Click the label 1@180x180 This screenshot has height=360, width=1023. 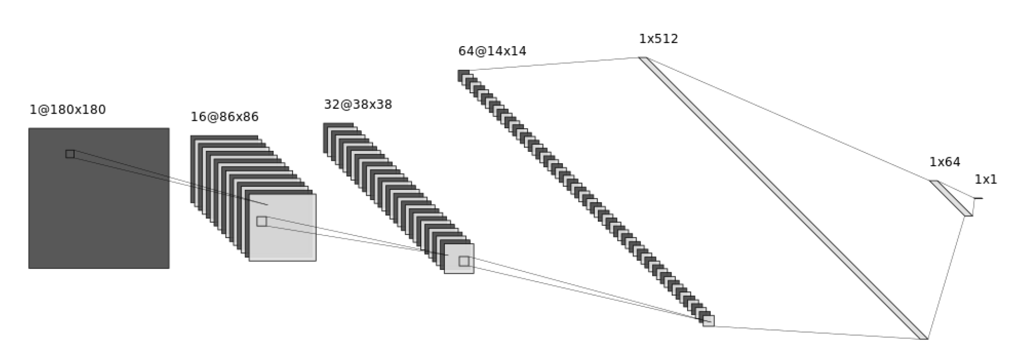68,110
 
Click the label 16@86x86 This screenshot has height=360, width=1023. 224,117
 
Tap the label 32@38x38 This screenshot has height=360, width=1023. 357,105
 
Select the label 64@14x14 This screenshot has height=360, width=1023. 492,52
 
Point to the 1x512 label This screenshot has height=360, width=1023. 658,39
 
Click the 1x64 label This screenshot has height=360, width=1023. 944,162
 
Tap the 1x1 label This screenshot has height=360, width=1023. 985,180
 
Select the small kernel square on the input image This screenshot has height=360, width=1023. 70,154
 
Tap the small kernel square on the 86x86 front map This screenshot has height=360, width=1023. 261,221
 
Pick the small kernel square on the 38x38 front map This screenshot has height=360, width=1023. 463,261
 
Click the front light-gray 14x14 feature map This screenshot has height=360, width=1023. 708,321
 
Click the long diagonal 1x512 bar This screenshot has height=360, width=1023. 784,199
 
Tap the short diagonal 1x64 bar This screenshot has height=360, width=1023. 951,198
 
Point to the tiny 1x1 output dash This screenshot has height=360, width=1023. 978,199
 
